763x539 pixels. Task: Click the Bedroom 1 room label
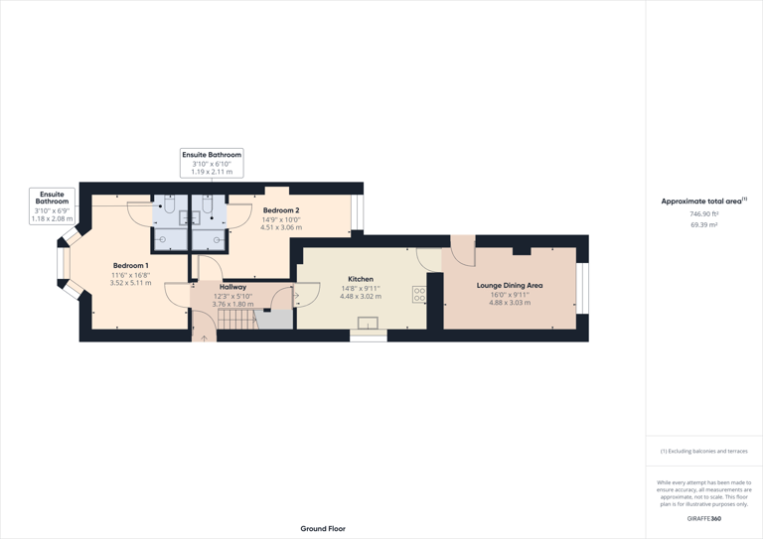(130, 266)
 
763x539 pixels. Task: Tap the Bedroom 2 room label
(280, 210)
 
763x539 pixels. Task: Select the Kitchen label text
(361, 279)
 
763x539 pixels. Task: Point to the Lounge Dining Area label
(509, 285)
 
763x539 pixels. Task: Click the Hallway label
(232, 287)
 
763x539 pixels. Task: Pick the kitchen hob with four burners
(419, 295)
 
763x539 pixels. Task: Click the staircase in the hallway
(236, 320)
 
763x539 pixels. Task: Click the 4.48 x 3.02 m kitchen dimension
(361, 297)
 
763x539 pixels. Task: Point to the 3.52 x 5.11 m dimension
(130, 283)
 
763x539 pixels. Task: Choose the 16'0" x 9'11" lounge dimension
(509, 294)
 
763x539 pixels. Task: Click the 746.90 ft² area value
(703, 214)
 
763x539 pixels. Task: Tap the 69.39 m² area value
(703, 225)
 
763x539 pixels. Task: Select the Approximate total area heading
(702, 202)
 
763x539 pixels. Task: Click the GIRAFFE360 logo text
(703, 518)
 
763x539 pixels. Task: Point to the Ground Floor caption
(323, 529)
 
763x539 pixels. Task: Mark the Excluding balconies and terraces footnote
(703, 452)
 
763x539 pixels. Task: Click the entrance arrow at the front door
(204, 338)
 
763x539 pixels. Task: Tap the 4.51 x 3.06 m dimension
(280, 227)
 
